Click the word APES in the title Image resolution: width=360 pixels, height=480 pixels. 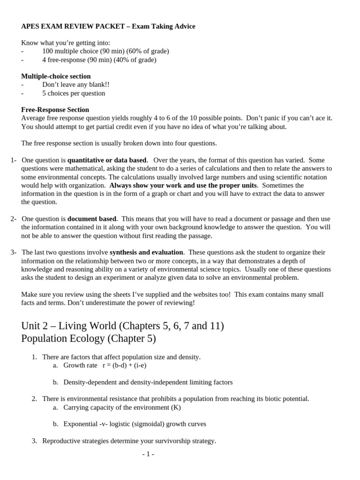(x=30, y=26)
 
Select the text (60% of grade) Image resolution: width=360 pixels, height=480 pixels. (x=146, y=51)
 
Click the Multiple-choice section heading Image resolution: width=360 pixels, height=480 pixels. (x=56, y=76)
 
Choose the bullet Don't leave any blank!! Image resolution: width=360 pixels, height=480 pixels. (x=75, y=84)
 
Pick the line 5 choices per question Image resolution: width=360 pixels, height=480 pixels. (x=74, y=93)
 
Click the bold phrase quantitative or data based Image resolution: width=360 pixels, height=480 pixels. (x=107, y=160)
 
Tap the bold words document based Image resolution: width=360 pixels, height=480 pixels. (x=92, y=218)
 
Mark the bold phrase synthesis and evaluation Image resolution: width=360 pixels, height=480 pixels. (x=147, y=252)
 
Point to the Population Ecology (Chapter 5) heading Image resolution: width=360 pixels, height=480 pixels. (x=89, y=338)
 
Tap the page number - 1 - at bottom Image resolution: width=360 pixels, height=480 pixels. (x=148, y=454)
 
